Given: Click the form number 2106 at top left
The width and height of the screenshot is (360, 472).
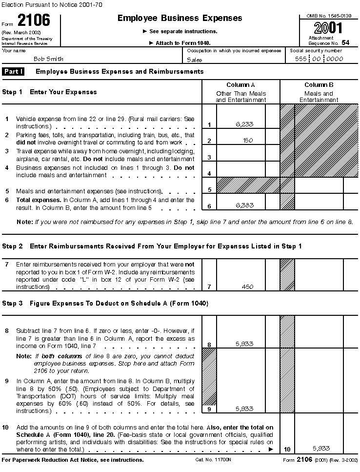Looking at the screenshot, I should pyautogui.click(x=34, y=21).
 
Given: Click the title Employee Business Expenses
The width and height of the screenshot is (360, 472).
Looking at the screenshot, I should pyautogui.click(x=180, y=18).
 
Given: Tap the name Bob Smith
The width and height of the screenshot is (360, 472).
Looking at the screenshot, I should pyautogui.click(x=48, y=59).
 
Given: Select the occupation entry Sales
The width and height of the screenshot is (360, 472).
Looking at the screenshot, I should pyautogui.click(x=195, y=60).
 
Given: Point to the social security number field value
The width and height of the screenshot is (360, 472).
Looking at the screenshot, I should pyautogui.click(x=320, y=59).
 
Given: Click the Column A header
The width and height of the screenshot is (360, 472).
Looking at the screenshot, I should pyautogui.click(x=241, y=85).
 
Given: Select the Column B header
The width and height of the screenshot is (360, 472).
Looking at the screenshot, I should pyautogui.click(x=319, y=85).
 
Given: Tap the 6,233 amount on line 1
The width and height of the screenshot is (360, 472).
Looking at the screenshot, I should pyautogui.click(x=244, y=124).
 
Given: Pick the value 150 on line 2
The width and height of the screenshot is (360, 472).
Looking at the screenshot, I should pyautogui.click(x=247, y=141).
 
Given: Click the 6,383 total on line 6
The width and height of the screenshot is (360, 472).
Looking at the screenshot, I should pyautogui.click(x=244, y=205).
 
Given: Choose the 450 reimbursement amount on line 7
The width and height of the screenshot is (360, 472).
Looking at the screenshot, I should pyautogui.click(x=247, y=287).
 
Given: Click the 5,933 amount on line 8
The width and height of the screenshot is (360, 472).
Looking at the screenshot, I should pyautogui.click(x=244, y=344).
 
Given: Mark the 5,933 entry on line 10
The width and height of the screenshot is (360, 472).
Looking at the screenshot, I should pyautogui.click(x=320, y=448).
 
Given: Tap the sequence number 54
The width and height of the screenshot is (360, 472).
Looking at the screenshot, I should pyautogui.click(x=345, y=42).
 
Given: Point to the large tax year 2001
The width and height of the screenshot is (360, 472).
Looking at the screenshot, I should pyautogui.click(x=329, y=27).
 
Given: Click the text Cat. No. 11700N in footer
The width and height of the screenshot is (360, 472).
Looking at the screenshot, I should pyautogui.click(x=210, y=460).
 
